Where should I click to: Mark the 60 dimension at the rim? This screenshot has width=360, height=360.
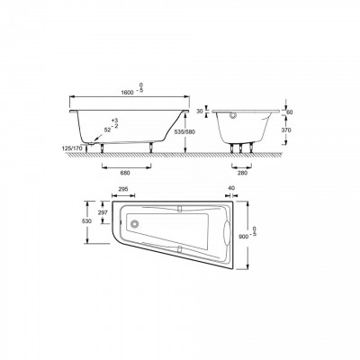click(286, 112)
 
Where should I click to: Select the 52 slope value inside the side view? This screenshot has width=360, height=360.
click(107, 130)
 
